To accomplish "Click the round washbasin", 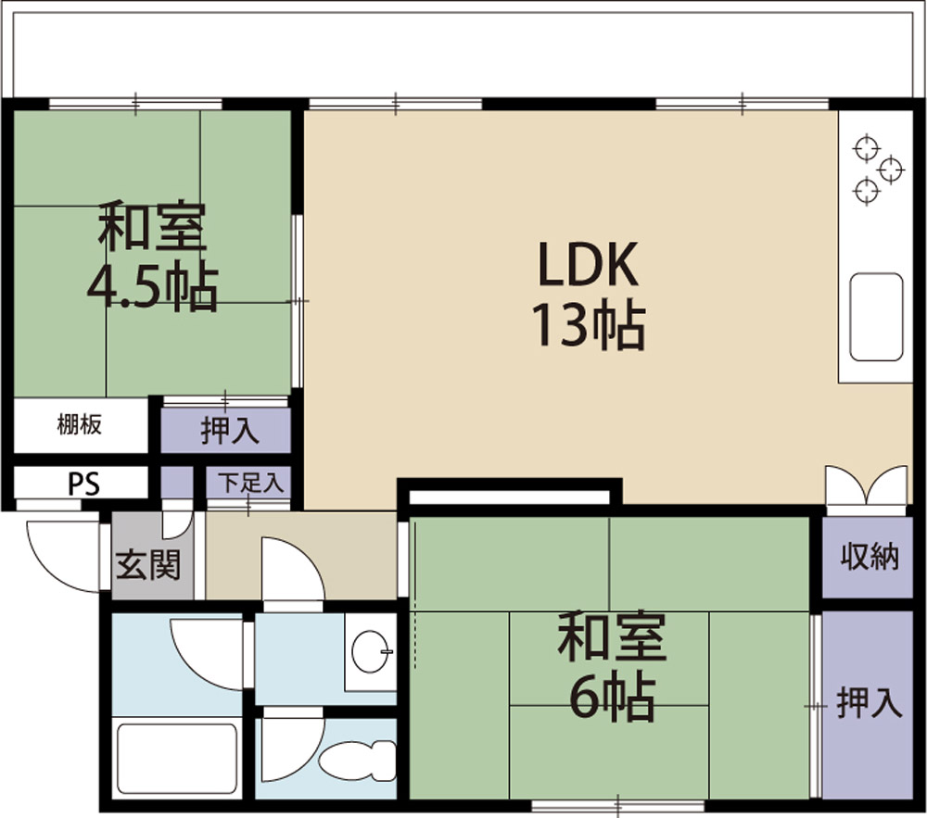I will (x=372, y=652).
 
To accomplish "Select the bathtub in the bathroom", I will (x=176, y=759).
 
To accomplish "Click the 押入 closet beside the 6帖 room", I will (x=869, y=705).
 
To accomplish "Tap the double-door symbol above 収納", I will (x=866, y=486).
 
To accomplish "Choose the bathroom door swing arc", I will (x=209, y=653).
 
